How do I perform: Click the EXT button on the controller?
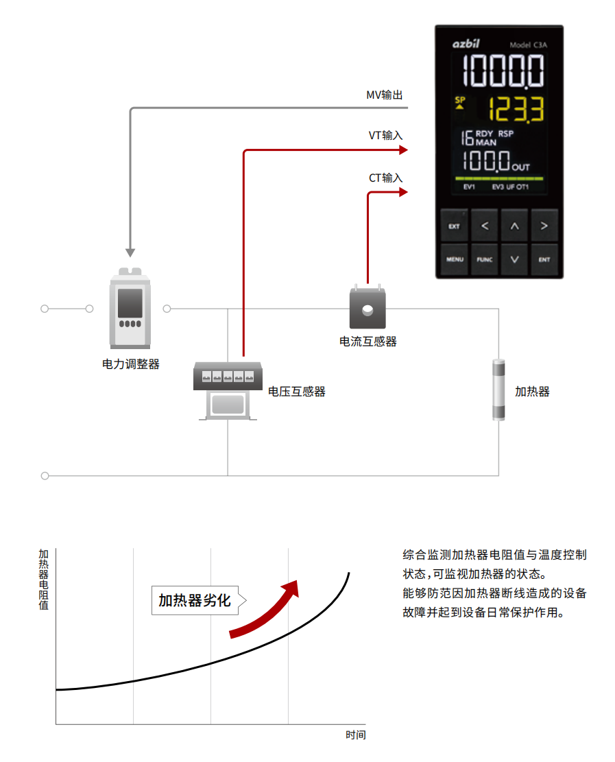coord(454,226)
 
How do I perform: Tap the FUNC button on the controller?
coord(484,259)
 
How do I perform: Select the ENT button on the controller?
coord(544,259)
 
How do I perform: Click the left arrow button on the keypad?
coord(484,226)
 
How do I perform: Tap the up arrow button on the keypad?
coord(514,226)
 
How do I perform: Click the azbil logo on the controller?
coord(466,45)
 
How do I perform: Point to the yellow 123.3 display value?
coord(514,108)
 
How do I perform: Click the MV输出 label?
coord(385,95)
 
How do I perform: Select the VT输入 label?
coord(385,135)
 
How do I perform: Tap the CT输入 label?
coord(386,178)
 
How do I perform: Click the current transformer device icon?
coord(368,309)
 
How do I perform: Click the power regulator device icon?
coord(130,309)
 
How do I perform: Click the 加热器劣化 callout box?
coord(195,601)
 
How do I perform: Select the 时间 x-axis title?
coord(355,735)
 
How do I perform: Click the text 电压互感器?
coord(296,392)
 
